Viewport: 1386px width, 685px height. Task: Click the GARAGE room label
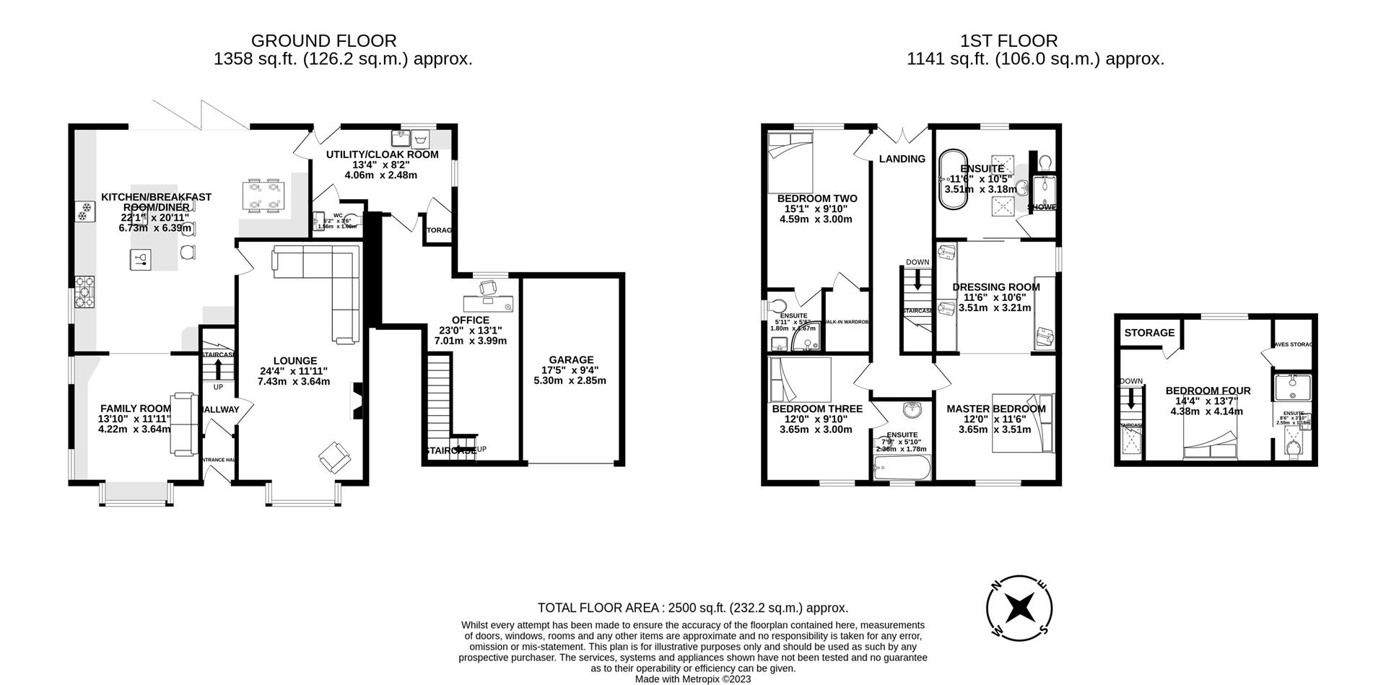tap(570, 359)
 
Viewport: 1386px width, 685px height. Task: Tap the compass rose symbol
tap(1019, 607)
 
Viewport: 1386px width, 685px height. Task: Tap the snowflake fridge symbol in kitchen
tap(84, 211)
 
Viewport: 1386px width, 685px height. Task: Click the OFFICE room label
tap(471, 320)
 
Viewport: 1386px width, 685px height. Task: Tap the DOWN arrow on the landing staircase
tap(918, 277)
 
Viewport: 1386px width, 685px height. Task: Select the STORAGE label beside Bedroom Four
tap(1149, 333)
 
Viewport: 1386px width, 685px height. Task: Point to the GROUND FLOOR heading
tap(323, 41)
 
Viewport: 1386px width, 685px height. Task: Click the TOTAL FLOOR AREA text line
tap(693, 608)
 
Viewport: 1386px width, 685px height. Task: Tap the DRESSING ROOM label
tap(996, 287)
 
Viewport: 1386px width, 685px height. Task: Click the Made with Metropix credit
tap(693, 679)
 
